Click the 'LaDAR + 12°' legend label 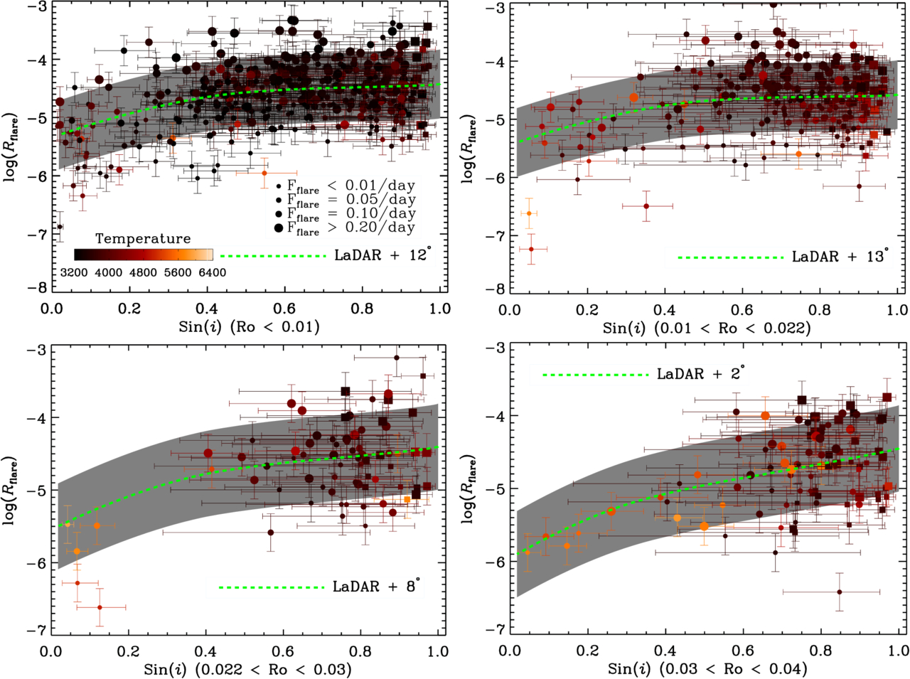pyautogui.click(x=382, y=255)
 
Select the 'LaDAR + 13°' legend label pyautogui.click(x=840, y=256)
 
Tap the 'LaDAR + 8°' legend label pyautogui.click(x=376, y=587)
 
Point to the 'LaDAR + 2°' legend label pyautogui.click(x=700, y=373)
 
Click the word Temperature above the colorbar pyautogui.click(x=143, y=238)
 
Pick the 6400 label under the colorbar pyautogui.click(x=213, y=272)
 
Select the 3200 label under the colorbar pyautogui.click(x=74, y=272)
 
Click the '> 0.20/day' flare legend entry pyautogui.click(x=370, y=228)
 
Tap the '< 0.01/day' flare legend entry pyautogui.click(x=370, y=186)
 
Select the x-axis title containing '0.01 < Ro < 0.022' pyautogui.click(x=707, y=328)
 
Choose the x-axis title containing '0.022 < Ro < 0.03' pyautogui.click(x=247, y=669)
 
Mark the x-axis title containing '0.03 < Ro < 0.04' pyautogui.click(x=707, y=669)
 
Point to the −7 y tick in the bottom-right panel pyautogui.click(x=494, y=629)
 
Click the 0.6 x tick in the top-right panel pyautogui.click(x=742, y=309)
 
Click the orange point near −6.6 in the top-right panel pyautogui.click(x=528, y=213)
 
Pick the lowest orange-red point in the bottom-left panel pyautogui.click(x=100, y=607)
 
